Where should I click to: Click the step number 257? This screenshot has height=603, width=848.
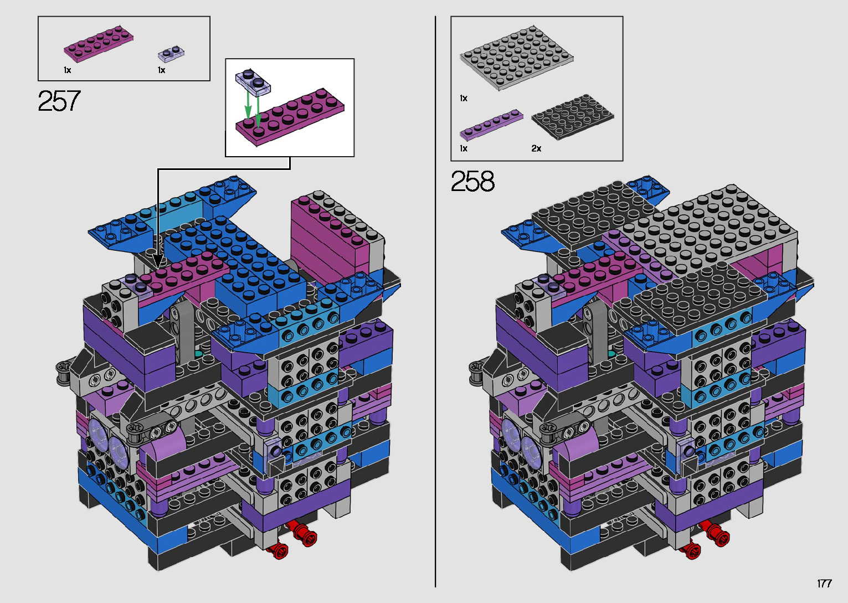(x=59, y=101)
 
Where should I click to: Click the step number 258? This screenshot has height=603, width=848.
(x=472, y=181)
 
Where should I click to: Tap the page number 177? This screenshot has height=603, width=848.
(x=825, y=583)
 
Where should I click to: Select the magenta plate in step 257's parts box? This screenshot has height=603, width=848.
(x=99, y=44)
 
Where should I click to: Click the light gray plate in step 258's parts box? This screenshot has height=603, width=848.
(x=516, y=58)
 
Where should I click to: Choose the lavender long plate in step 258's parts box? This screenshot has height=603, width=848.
(x=491, y=125)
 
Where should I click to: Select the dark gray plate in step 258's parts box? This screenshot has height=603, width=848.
(x=572, y=117)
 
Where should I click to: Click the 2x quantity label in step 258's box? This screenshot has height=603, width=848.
(x=536, y=148)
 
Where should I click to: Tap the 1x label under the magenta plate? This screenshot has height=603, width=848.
(x=68, y=70)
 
